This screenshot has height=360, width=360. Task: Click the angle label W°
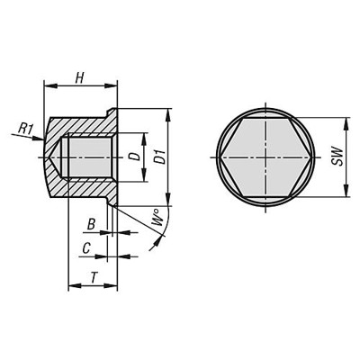click(x=157, y=219)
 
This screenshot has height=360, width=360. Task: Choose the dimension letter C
click(x=85, y=246)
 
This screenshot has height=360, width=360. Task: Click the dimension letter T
click(x=94, y=278)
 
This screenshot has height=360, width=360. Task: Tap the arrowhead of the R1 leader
click(x=40, y=137)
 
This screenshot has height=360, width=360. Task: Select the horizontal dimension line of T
click(x=94, y=288)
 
